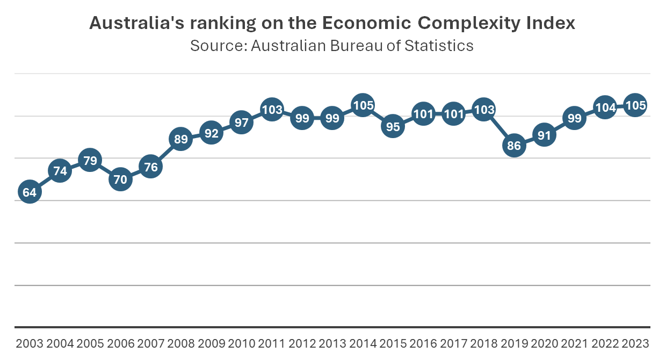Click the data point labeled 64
(x=30, y=192)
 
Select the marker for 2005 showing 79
(x=90, y=160)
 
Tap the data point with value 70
(x=120, y=179)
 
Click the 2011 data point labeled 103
(x=272, y=110)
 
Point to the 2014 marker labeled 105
(x=363, y=105)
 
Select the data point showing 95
(x=393, y=127)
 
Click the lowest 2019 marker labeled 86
(x=515, y=146)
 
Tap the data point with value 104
(x=606, y=107)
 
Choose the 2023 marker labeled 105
(x=636, y=105)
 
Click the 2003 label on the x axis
(x=30, y=344)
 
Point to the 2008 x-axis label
(x=181, y=344)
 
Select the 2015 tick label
(x=393, y=344)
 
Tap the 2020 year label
(x=545, y=344)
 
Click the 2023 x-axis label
(x=636, y=344)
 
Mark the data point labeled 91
(x=545, y=135)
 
